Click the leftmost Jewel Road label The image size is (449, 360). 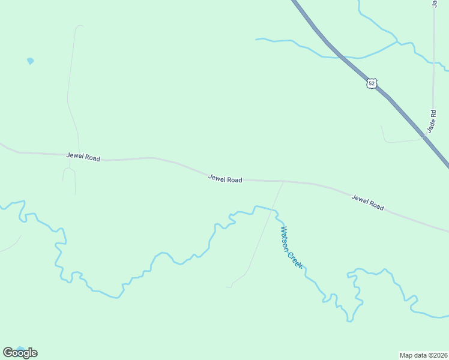(83, 157)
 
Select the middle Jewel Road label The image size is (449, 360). (225, 179)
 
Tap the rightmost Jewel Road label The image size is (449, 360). (367, 203)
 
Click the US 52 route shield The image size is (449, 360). (372, 83)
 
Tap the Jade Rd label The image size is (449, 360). (431, 122)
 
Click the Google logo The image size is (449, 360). (20, 353)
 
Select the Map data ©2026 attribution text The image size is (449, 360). (423, 355)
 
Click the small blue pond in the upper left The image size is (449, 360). (30, 61)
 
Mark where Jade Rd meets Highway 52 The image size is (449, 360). (425, 137)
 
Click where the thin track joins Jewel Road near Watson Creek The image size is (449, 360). (283, 181)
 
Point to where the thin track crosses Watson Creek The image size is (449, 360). (274, 210)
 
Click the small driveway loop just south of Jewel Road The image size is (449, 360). (68, 172)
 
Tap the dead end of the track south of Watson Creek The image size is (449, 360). (227, 287)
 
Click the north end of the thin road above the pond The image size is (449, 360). (79, 26)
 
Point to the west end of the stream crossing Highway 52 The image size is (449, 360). (257, 40)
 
